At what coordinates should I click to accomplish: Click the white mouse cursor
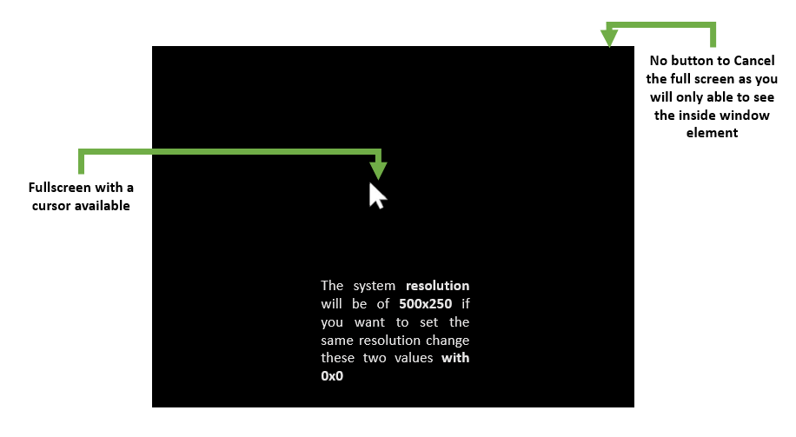tap(376, 196)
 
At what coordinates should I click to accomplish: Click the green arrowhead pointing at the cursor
tap(378, 170)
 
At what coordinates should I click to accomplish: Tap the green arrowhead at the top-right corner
tap(609, 37)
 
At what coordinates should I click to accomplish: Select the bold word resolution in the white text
tap(438, 286)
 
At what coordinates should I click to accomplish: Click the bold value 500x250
tap(426, 304)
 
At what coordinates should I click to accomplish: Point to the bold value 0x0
tap(332, 376)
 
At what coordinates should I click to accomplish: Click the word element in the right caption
tap(712, 133)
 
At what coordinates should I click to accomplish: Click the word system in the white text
tap(375, 286)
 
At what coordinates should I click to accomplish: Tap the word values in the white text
tap(414, 358)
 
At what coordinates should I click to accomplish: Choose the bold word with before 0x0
tap(455, 358)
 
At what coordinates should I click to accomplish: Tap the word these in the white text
tap(337, 358)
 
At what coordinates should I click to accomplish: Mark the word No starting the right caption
tap(659, 61)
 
